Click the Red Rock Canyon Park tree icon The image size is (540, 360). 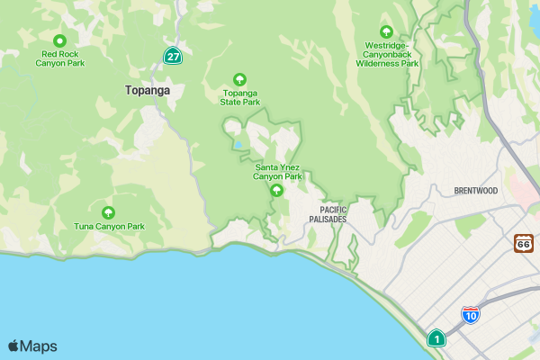pyautogui.click(x=60, y=40)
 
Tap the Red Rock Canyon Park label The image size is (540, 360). pyautogui.click(x=60, y=58)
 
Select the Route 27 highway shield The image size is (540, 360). pyautogui.click(x=172, y=56)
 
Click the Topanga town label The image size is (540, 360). pyautogui.click(x=148, y=90)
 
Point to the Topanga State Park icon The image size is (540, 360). pyautogui.click(x=239, y=79)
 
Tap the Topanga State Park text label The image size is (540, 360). pyautogui.click(x=240, y=97)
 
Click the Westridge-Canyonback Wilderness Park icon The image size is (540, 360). pyautogui.click(x=387, y=31)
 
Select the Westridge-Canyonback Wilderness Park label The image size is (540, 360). pyautogui.click(x=387, y=54)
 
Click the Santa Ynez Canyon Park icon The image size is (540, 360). pyautogui.click(x=277, y=190)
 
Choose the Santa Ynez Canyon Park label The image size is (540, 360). pyautogui.click(x=277, y=172)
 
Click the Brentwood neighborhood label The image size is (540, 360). pyautogui.click(x=475, y=191)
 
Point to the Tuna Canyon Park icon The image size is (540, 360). pyautogui.click(x=109, y=212)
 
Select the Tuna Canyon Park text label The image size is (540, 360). pyautogui.click(x=109, y=226)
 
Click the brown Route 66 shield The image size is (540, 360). pyautogui.click(x=524, y=243)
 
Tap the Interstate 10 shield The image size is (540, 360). pyautogui.click(x=470, y=314)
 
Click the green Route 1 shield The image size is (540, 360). pyautogui.click(x=436, y=338)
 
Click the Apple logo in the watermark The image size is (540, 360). pyautogui.click(x=13, y=346)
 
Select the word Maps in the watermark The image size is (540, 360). pyautogui.click(x=39, y=346)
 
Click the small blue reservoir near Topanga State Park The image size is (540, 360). pyautogui.click(x=238, y=145)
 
